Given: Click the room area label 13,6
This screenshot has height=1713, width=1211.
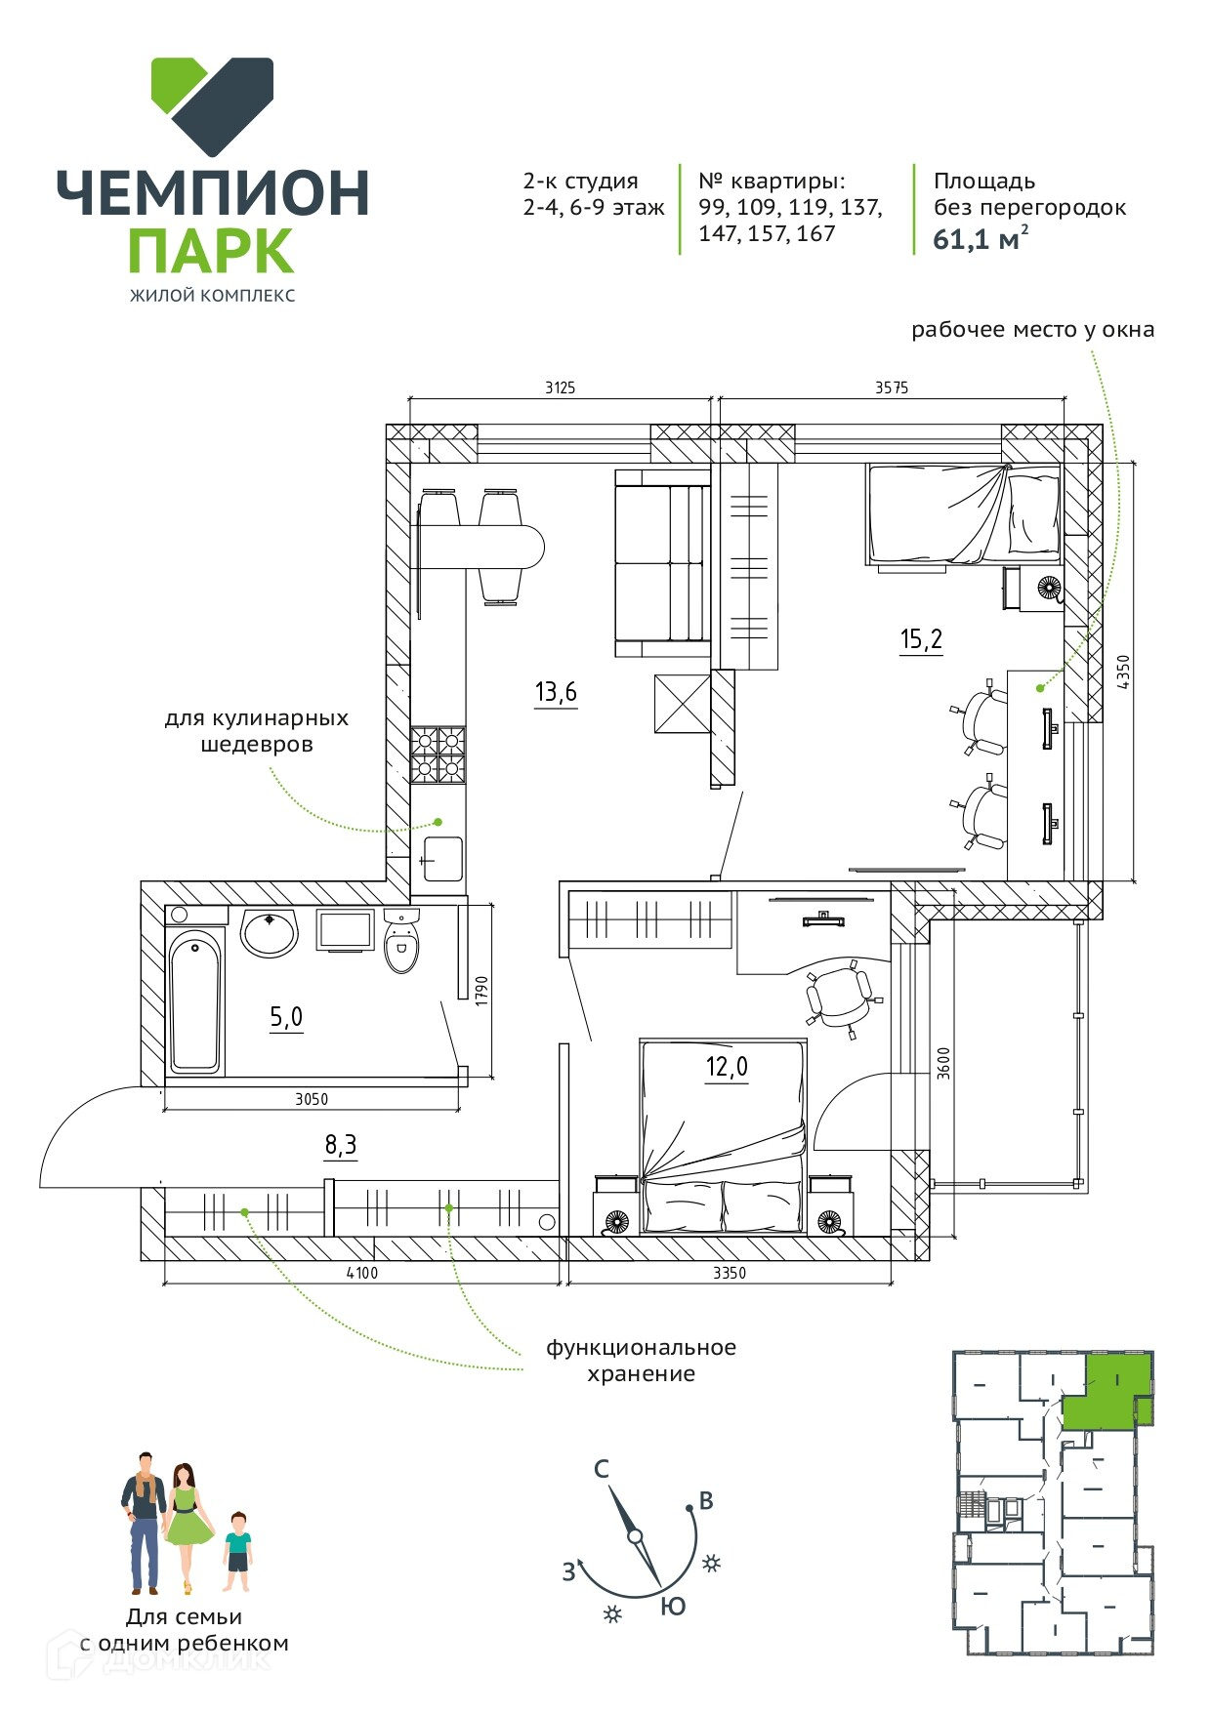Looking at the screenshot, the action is [556, 693].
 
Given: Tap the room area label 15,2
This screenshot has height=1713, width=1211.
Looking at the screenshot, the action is [921, 640].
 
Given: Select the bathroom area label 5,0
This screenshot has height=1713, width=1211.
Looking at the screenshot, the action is [286, 1018].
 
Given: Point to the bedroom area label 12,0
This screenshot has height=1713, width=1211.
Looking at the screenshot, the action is [727, 1067].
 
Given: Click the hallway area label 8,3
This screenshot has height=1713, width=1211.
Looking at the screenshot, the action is [340, 1145].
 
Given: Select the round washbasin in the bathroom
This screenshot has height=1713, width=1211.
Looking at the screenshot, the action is [269, 932].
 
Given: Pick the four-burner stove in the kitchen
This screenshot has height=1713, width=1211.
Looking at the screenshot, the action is [438, 755].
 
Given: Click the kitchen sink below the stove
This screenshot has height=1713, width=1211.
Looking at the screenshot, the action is [441, 859].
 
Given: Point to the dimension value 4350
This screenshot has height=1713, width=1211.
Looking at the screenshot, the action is [1123, 673].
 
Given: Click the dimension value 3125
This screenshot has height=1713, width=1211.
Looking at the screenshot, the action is [560, 387].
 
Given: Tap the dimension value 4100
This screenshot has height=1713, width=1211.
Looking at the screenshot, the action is [361, 1273].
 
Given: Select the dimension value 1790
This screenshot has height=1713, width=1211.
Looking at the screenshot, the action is [480, 992].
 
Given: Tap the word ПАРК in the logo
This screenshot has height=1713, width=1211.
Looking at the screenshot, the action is [211, 252].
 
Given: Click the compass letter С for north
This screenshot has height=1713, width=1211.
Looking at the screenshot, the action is [602, 1468].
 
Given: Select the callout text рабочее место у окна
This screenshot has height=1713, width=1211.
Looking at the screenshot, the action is [1032, 330].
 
